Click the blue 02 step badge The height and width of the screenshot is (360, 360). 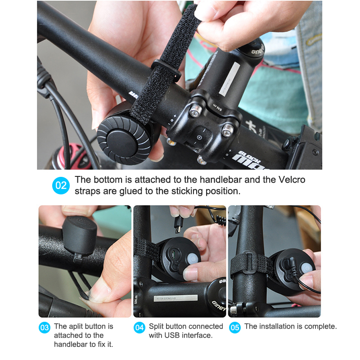[61, 185]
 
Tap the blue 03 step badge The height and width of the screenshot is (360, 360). [45, 328]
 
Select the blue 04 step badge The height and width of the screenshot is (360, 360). [139, 328]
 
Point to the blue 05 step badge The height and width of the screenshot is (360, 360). [234, 328]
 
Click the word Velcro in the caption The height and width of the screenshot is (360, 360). [292, 180]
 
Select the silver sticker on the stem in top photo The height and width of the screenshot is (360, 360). [229, 78]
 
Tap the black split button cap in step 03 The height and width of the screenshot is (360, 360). [80, 236]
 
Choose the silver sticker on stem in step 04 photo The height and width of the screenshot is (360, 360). [175, 298]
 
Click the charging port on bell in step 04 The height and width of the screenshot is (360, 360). [173, 254]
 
